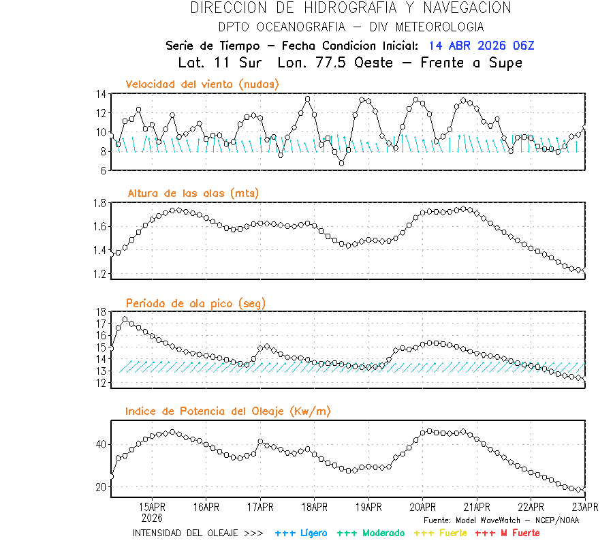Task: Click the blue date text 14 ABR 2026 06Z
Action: [x=482, y=46]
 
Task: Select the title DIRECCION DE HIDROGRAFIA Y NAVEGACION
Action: [x=351, y=8]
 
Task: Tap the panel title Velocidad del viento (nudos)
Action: [x=202, y=84]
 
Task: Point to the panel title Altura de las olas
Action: [x=193, y=193]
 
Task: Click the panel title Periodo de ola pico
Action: [x=195, y=303]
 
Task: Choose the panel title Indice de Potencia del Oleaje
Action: [x=228, y=411]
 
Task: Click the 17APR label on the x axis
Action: [x=260, y=507]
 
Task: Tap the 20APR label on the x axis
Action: [x=422, y=507]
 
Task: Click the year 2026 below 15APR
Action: [x=153, y=517]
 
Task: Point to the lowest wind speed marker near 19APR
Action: [x=342, y=163]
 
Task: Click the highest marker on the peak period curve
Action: [x=125, y=319]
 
